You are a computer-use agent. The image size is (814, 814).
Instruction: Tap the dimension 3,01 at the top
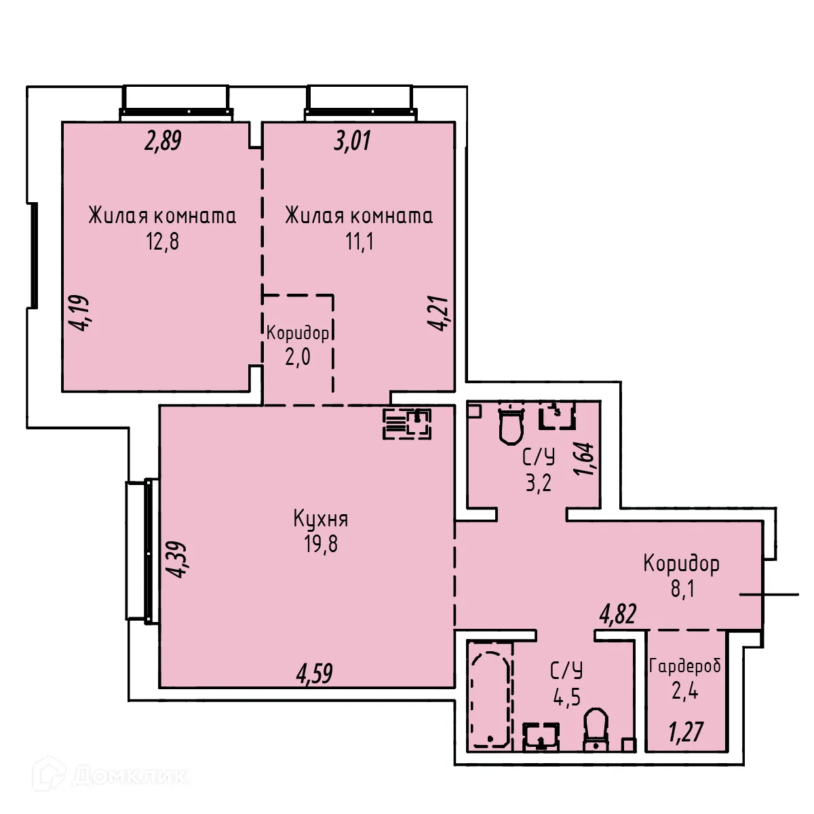click(352, 142)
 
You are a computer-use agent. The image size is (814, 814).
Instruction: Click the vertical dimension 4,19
click(81, 312)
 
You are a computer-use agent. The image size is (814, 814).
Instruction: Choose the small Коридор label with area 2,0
click(298, 333)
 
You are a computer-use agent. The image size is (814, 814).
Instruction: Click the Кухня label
click(320, 520)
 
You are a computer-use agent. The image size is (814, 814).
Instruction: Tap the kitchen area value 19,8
click(320, 544)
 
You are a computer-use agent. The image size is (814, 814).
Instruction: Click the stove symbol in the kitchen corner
click(408, 424)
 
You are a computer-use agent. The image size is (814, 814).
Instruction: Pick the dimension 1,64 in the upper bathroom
click(587, 459)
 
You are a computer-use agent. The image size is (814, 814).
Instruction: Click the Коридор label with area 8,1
click(681, 563)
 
